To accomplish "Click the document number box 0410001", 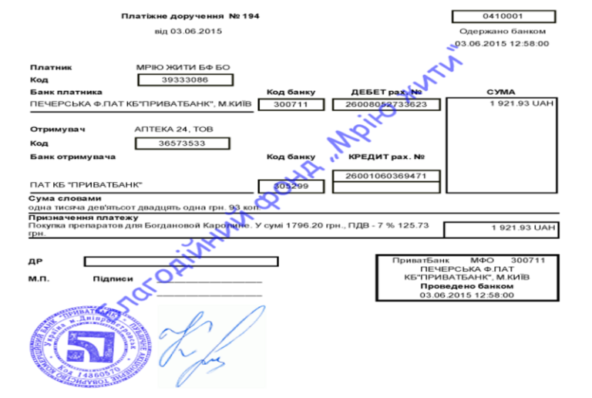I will (503, 16).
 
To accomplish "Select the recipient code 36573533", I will (183, 143).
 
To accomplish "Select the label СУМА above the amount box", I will (501, 92).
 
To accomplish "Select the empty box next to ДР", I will (181, 261).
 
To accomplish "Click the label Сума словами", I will (60, 199).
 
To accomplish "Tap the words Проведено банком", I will (467, 285).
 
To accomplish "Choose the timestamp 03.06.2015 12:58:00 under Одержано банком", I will (502, 44).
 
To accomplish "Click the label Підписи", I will (113, 279).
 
